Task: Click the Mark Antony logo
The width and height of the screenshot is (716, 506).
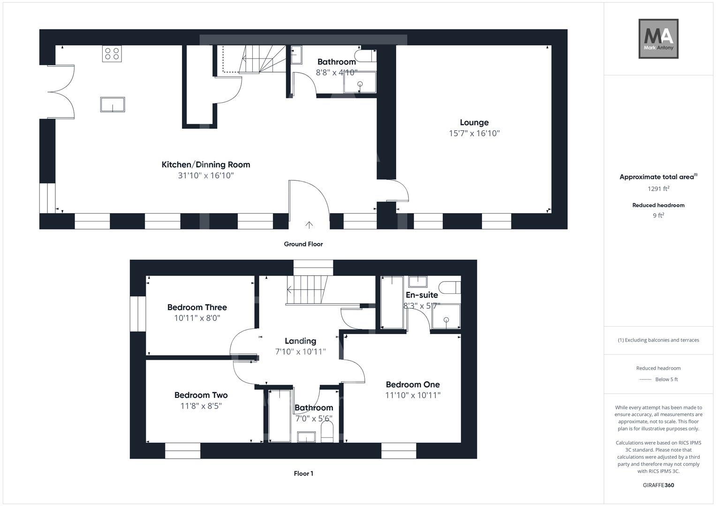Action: coord(658,39)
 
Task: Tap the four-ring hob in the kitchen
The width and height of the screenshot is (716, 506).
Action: coord(112,53)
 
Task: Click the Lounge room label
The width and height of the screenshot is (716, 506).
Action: coord(474,123)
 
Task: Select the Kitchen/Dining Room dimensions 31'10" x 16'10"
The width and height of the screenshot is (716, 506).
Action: coord(205,176)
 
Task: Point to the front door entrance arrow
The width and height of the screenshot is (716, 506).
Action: coord(309,224)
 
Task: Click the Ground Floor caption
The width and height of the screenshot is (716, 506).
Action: coord(303,244)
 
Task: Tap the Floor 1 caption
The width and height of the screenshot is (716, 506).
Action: coord(303,474)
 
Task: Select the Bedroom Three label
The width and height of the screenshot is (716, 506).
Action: coord(197,307)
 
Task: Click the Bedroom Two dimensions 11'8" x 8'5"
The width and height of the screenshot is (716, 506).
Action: coord(201,406)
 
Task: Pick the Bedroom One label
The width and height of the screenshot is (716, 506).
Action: coord(413,385)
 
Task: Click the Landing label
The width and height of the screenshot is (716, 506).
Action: coord(301,341)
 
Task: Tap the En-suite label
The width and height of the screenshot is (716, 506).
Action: coord(422,295)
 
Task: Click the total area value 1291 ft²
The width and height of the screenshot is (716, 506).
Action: coord(658,189)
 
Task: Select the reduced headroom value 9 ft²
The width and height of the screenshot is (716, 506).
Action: coord(658,216)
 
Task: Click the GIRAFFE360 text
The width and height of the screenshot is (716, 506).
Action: coord(658,485)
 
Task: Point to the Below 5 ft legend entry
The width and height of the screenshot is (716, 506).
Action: coord(666,379)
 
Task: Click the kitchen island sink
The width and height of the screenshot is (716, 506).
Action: coord(113,104)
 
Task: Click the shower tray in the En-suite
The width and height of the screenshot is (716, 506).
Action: coord(446,316)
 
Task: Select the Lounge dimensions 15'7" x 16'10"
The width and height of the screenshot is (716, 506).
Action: coord(474,134)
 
